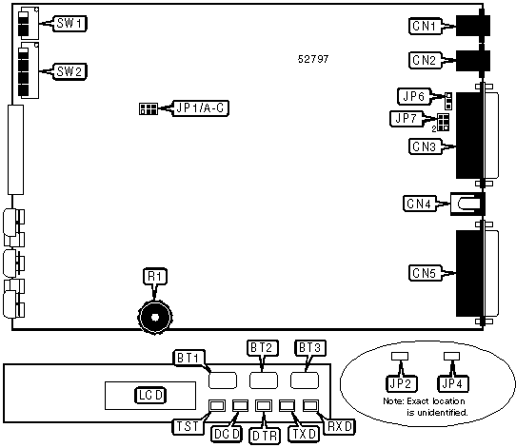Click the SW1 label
(x=69, y=24)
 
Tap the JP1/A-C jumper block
(x=149, y=108)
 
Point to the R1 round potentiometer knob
(x=154, y=317)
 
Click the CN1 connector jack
(x=473, y=25)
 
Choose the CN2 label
(x=425, y=60)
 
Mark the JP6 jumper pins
(x=448, y=101)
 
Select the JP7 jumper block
(x=444, y=123)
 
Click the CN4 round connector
(x=467, y=204)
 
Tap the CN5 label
(x=425, y=273)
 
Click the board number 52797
(x=313, y=59)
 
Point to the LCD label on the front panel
(x=150, y=396)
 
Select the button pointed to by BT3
(x=305, y=380)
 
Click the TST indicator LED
(x=217, y=405)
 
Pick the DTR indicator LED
(x=264, y=405)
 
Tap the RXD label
(x=340, y=427)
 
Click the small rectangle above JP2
(x=400, y=357)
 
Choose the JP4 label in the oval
(x=452, y=384)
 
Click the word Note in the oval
(x=393, y=401)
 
